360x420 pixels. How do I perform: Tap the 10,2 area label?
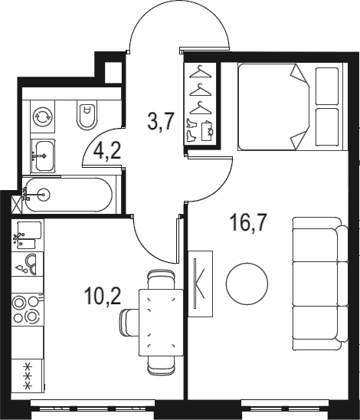(x=103, y=297)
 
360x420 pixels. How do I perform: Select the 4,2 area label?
(x=107, y=151)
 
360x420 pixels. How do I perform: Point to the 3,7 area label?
(x=161, y=121)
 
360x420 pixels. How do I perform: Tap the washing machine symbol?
(x=43, y=116)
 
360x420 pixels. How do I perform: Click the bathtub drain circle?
(x=43, y=195)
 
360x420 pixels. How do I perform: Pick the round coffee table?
(x=247, y=284)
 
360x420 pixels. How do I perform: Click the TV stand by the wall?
(x=200, y=284)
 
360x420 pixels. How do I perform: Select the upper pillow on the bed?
(x=327, y=86)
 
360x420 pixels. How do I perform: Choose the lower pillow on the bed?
(x=327, y=127)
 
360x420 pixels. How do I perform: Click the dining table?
(x=161, y=323)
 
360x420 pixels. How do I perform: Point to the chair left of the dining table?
(x=129, y=322)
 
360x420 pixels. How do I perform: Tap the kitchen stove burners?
(x=28, y=310)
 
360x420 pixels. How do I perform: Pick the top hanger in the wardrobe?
(x=200, y=72)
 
